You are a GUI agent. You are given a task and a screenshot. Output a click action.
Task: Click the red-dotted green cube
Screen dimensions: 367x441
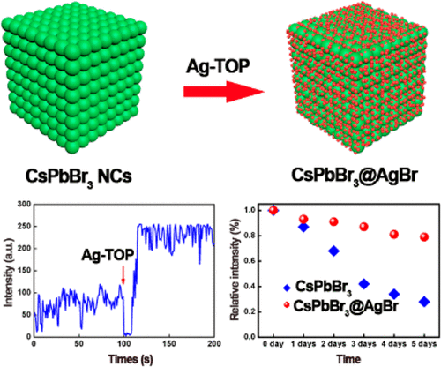pyautogui.click(x=362, y=84)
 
